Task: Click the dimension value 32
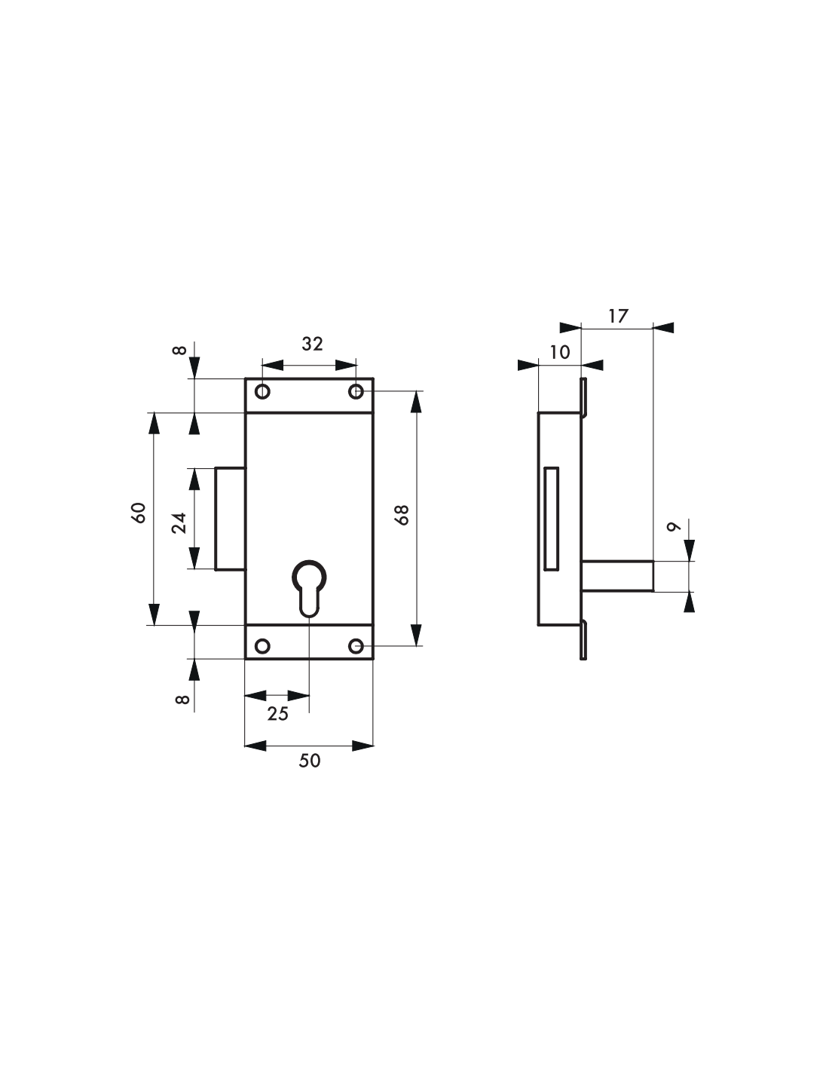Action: point(312,344)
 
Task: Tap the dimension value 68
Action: point(403,515)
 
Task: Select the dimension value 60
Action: point(139,513)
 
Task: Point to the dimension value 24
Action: point(179,523)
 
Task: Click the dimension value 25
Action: point(277,714)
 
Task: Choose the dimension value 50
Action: point(310,761)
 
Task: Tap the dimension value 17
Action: point(618,316)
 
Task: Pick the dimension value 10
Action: point(560,352)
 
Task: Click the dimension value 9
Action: point(674,526)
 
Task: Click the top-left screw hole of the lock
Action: point(262,392)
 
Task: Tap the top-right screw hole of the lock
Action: point(356,392)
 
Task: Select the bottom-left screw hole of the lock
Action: point(262,646)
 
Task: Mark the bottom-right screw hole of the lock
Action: point(356,646)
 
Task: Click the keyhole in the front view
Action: point(309,587)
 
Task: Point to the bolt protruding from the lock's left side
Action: point(231,519)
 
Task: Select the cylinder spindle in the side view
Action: point(618,576)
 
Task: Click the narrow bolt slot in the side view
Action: point(552,519)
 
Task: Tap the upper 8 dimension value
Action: point(179,351)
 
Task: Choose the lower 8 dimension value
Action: point(182,699)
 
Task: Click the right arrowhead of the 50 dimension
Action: point(362,746)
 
